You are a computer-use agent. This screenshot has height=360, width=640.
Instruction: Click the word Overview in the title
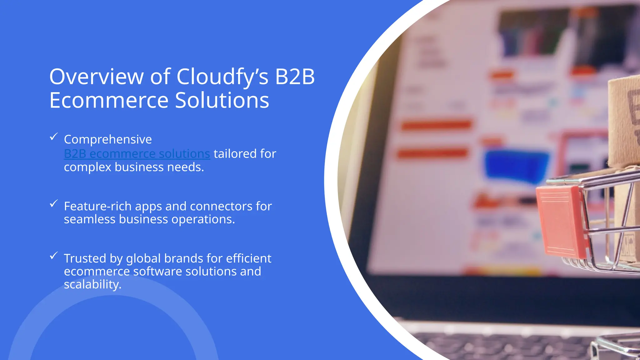pyautogui.click(x=96, y=77)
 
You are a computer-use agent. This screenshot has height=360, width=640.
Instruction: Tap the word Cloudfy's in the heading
pyautogui.click(x=222, y=77)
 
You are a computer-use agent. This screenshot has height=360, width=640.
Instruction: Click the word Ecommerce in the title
pyautogui.click(x=109, y=100)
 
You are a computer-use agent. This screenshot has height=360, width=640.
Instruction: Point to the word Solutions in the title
pyautogui.click(x=222, y=100)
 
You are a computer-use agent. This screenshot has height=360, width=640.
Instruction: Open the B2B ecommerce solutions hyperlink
pyautogui.click(x=137, y=154)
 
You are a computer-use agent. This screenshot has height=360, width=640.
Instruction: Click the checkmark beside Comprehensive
pyautogui.click(x=54, y=137)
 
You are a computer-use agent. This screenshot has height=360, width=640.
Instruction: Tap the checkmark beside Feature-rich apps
pyautogui.click(x=54, y=203)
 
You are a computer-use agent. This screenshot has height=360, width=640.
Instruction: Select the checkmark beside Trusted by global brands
pyautogui.click(x=54, y=256)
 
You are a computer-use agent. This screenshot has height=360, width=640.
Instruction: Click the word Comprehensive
pyautogui.click(x=108, y=139)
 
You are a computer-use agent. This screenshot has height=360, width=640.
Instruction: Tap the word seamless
pyautogui.click(x=90, y=219)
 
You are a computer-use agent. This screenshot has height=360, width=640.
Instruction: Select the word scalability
pyautogui.click(x=92, y=285)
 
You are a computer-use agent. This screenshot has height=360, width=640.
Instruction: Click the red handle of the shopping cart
pyautogui.click(x=561, y=220)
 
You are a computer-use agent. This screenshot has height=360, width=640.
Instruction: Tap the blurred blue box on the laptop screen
pyautogui.click(x=516, y=166)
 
